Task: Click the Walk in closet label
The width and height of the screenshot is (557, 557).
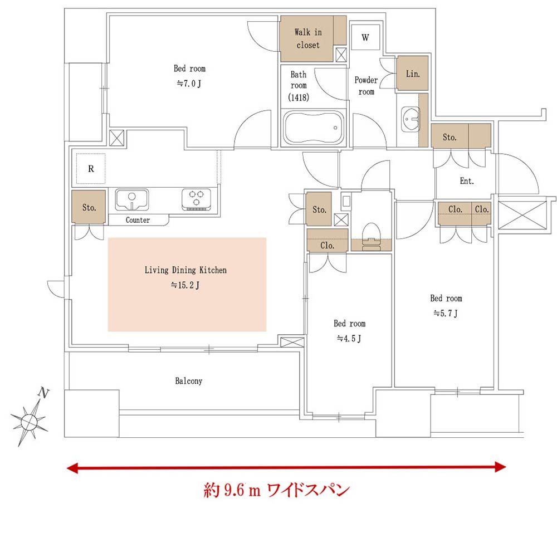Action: pyautogui.click(x=307, y=38)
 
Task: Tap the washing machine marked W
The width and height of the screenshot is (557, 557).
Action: pyautogui.click(x=365, y=38)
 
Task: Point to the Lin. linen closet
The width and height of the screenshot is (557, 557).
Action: pyautogui.click(x=412, y=74)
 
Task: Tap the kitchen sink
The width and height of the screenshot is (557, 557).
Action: pyautogui.click(x=131, y=199)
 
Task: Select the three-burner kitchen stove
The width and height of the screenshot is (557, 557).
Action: pyautogui.click(x=196, y=199)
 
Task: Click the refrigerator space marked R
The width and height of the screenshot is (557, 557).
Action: pyautogui.click(x=91, y=168)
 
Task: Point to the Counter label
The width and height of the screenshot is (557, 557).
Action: pyautogui.click(x=138, y=220)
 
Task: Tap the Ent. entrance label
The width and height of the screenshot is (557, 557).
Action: pyautogui.click(x=467, y=181)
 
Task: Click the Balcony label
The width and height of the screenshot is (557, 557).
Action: pyautogui.click(x=188, y=382)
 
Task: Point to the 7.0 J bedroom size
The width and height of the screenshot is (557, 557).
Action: pyautogui.click(x=189, y=84)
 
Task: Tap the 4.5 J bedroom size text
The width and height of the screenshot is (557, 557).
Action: pyautogui.click(x=349, y=338)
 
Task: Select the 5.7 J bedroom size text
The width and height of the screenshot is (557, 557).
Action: pyautogui.click(x=446, y=313)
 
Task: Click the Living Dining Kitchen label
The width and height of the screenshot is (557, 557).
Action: pyautogui.click(x=185, y=271)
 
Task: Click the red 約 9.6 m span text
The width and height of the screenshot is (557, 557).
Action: pyautogui.click(x=276, y=491)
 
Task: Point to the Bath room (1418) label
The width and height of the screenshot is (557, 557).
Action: pyautogui.click(x=299, y=85)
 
